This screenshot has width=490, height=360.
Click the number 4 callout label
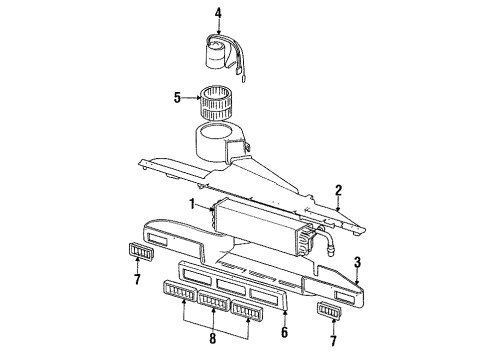[x=219, y=13]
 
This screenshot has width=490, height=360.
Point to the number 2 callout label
[x=339, y=190]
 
